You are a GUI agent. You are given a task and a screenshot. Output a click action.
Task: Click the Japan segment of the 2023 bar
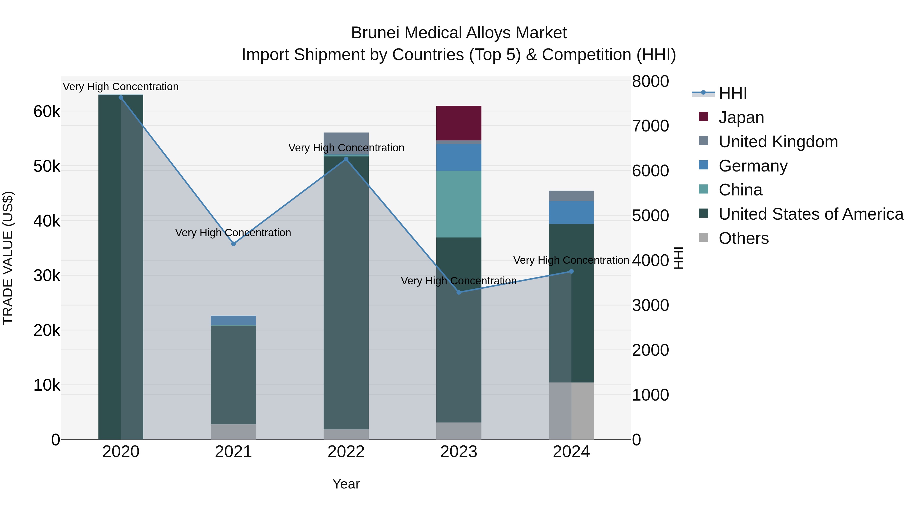(459, 123)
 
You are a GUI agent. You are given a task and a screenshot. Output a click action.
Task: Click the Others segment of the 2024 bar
(571, 411)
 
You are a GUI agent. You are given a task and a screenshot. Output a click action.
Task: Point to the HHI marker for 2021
(233, 244)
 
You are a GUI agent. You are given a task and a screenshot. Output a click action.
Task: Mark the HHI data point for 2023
(459, 292)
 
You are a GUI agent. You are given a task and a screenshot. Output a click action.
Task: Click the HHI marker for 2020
(121, 98)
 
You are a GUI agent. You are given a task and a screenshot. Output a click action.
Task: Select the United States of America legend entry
(811, 214)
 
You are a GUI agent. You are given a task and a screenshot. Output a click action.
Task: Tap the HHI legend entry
(732, 93)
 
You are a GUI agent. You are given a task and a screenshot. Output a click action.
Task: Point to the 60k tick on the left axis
(47, 111)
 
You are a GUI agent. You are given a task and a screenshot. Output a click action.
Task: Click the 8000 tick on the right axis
(650, 81)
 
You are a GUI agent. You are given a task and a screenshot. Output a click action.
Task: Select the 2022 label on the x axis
(346, 452)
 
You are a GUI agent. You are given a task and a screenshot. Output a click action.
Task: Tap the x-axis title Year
(346, 484)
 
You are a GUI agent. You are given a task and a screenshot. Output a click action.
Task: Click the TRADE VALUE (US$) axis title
(8, 258)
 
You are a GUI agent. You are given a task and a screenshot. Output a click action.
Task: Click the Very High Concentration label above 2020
(121, 87)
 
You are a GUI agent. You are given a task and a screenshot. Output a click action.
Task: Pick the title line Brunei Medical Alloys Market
(459, 33)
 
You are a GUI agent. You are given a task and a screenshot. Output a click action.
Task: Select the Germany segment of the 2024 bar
(571, 212)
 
